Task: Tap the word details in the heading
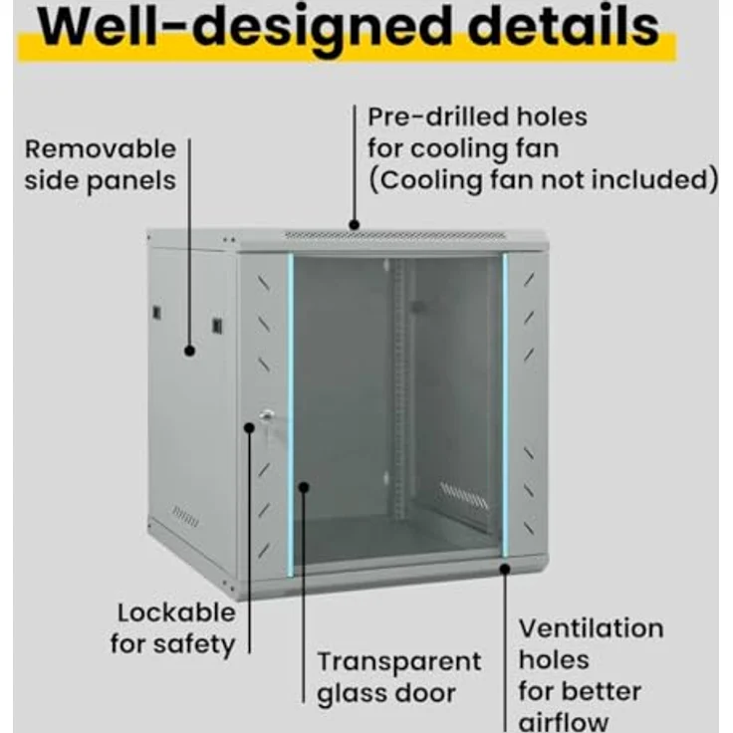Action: (564, 25)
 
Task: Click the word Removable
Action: (100, 149)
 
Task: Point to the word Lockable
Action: (176, 612)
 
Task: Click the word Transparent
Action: (399, 661)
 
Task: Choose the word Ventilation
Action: (591, 628)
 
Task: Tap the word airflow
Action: (564, 722)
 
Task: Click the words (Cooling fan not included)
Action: (543, 180)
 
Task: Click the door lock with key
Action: (267, 416)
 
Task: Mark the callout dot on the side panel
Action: (189, 351)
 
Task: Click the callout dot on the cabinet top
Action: (355, 225)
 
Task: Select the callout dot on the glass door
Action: (304, 488)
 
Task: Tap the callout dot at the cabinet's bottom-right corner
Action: (505, 569)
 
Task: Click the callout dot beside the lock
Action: (250, 427)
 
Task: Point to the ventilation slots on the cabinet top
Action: (395, 235)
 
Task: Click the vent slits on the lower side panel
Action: (185, 516)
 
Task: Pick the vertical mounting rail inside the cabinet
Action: (398, 388)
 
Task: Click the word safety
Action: (194, 644)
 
